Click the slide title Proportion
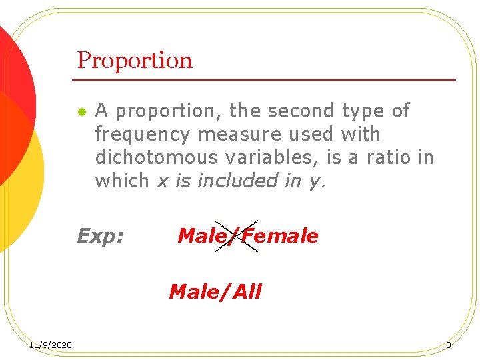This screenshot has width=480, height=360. tap(135, 61)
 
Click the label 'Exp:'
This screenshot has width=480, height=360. tap(101, 236)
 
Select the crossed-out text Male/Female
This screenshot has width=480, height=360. tap(248, 236)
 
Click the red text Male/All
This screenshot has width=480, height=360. tap(215, 292)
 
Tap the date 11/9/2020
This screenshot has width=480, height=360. tap(51, 345)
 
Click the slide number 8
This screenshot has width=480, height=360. tap(449, 345)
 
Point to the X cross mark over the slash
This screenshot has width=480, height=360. tap(236, 235)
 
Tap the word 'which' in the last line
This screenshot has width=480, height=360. tap(122, 181)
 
